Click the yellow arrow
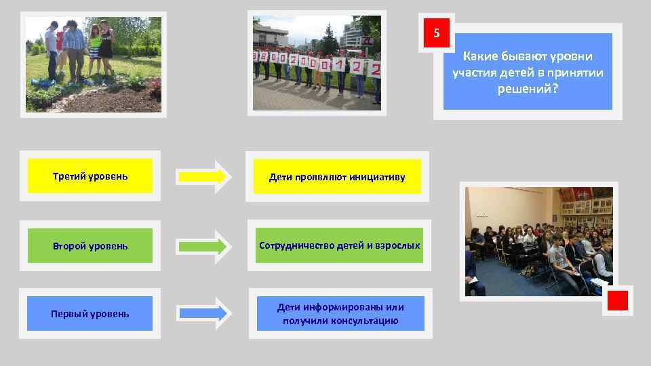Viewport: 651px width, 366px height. (x=204, y=177)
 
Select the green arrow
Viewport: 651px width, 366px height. (x=204, y=246)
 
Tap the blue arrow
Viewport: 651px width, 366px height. (x=204, y=313)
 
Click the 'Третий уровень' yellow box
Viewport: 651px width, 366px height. (x=90, y=176)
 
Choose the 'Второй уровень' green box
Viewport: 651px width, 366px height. (x=90, y=245)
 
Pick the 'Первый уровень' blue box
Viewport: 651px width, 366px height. (x=90, y=313)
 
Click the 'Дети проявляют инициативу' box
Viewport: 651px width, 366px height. (x=337, y=177)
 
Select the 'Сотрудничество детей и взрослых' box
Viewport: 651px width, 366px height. (x=339, y=245)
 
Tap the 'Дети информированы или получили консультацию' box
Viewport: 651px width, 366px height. (x=340, y=313)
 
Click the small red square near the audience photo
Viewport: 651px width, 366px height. (x=617, y=300)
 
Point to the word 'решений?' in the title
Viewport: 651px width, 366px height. (x=528, y=88)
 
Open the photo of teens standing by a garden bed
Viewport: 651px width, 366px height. (x=94, y=65)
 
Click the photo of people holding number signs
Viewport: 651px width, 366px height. (x=317, y=62)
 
